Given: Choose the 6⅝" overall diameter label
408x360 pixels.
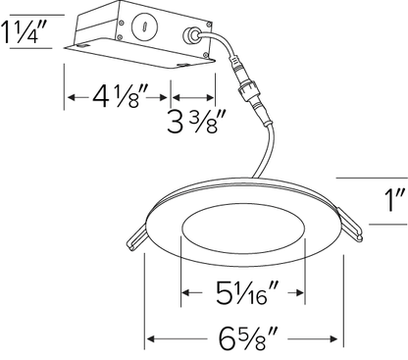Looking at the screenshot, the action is point(248,338).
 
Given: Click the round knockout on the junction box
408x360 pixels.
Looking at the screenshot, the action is point(144,27).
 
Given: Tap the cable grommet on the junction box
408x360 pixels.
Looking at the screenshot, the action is point(190,35).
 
